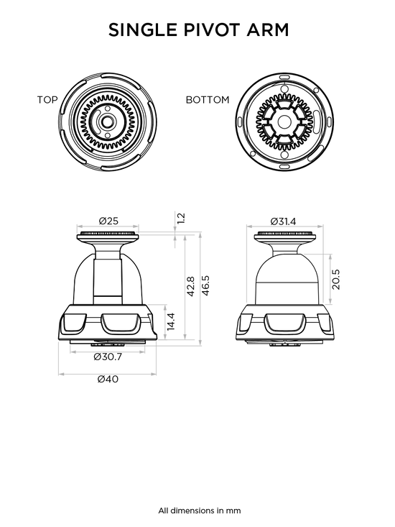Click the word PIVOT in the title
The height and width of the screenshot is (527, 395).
[213, 30]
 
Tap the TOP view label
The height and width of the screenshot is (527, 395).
[47, 100]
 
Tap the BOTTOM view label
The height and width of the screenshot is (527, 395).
[208, 100]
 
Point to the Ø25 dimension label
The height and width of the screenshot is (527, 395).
[108, 221]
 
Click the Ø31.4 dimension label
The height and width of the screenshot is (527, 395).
[283, 221]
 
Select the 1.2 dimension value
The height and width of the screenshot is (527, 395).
[180, 219]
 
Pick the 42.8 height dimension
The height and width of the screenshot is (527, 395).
[190, 286]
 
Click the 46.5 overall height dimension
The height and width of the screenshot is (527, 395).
[205, 285]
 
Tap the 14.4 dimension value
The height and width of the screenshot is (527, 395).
[171, 321]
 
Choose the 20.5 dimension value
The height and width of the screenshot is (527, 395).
[335, 279]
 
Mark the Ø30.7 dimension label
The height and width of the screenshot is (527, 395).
[108, 357]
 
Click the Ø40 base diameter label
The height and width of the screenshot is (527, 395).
[108, 379]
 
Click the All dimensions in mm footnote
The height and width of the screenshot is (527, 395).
[200, 511]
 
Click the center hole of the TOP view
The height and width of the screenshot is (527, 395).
[107, 122]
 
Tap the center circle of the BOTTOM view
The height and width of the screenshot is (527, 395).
[283, 122]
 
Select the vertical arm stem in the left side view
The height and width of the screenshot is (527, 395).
[108, 275]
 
